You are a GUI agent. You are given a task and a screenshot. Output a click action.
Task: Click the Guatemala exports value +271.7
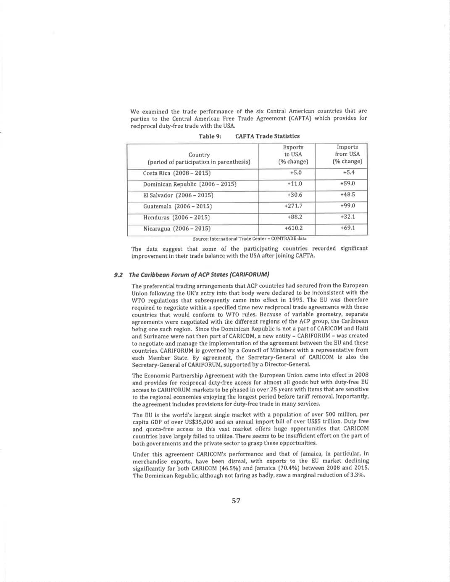tap(293, 206)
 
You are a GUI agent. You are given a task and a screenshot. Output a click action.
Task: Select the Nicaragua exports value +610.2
tap(293, 228)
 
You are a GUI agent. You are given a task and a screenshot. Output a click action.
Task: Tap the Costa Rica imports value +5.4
tap(348, 172)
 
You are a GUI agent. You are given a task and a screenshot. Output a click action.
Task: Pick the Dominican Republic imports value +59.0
tap(347, 184)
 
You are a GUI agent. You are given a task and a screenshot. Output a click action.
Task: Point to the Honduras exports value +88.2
tap(295, 217)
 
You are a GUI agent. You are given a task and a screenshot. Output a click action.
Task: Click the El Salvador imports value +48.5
tap(347, 194)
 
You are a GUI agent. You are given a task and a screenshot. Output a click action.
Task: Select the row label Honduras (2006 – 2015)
tap(177, 218)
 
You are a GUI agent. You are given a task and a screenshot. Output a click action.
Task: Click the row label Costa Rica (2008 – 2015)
tap(176, 173)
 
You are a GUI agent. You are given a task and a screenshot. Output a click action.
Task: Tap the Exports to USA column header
tap(293, 154)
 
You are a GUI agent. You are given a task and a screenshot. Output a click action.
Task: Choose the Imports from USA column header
tap(347, 154)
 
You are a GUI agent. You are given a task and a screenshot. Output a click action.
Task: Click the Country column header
tap(199, 158)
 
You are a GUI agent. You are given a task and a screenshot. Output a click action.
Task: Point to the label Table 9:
tap(210, 136)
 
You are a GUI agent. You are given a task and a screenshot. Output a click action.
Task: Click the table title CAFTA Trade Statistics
tap(267, 136)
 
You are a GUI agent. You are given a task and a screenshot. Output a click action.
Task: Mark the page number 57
tap(236, 501)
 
